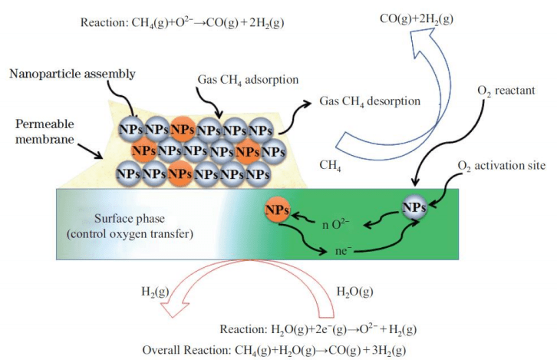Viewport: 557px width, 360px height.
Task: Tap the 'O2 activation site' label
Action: (x=502, y=166)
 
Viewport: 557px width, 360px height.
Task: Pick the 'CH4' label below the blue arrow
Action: (x=329, y=163)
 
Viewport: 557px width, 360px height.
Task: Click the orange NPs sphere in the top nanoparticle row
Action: (x=182, y=130)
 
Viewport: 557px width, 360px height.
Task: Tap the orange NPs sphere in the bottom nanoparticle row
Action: (x=180, y=173)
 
